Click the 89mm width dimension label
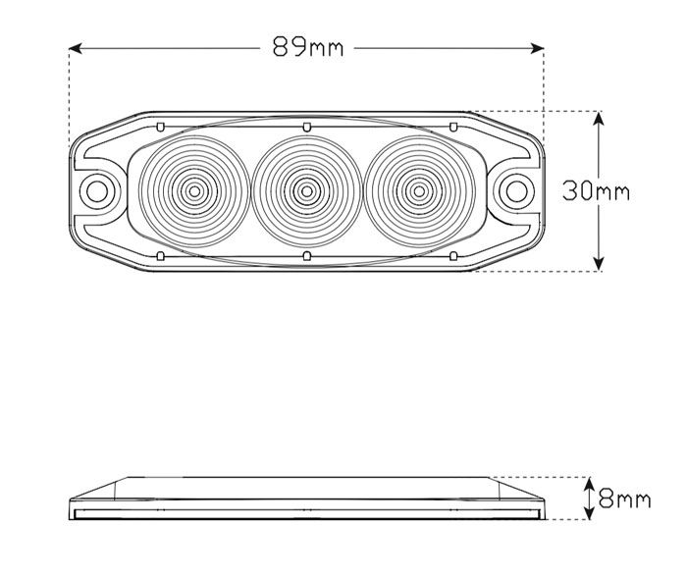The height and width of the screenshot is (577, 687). [x=308, y=47]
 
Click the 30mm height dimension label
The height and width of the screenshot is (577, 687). [x=597, y=191]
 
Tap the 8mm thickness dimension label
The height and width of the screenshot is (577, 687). [x=625, y=499]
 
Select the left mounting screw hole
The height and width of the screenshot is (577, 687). [x=97, y=191]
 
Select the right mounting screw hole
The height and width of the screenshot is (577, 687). [x=517, y=191]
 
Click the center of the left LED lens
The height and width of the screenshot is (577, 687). [x=194, y=191]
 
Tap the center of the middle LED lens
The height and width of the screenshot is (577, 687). [x=306, y=191]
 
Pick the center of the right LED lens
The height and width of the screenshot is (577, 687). [x=419, y=191]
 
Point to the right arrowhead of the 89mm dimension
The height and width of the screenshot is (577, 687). [x=538, y=48]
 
